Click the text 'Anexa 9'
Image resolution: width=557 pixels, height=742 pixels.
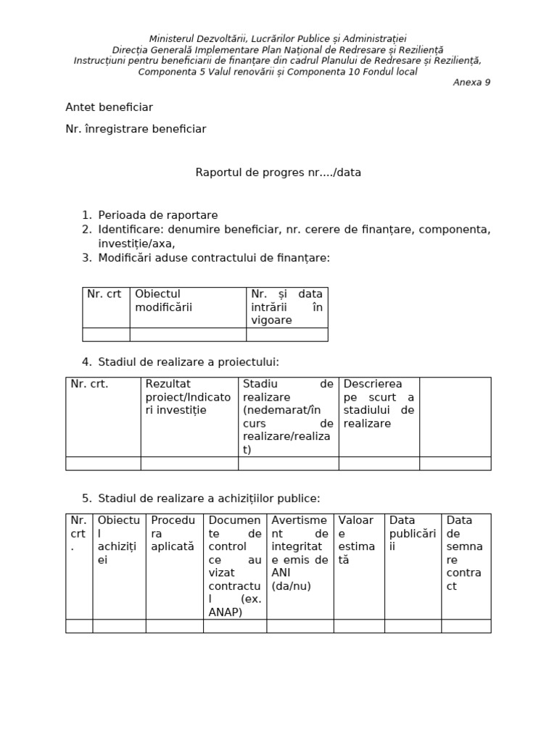(471, 82)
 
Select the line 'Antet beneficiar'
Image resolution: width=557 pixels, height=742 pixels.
(109, 107)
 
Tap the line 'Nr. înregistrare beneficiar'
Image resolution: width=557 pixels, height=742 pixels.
(136, 129)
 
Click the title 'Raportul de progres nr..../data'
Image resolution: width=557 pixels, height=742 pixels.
(278, 172)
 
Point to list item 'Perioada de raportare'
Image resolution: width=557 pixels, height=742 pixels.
(158, 215)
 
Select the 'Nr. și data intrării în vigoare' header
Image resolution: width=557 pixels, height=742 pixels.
(286, 307)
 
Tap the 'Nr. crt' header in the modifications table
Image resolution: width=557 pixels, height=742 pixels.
(104, 294)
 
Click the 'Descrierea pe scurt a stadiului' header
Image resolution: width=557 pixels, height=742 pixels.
(379, 403)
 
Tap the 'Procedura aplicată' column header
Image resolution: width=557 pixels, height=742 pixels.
(173, 533)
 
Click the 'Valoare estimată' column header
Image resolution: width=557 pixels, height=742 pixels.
(356, 540)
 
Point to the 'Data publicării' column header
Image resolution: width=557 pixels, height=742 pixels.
(413, 533)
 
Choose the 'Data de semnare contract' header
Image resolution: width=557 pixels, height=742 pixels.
(464, 553)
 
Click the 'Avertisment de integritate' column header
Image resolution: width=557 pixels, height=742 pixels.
(300, 553)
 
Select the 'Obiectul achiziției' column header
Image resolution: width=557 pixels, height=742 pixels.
(118, 540)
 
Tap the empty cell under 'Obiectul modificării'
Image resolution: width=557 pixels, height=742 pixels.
(188, 334)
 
